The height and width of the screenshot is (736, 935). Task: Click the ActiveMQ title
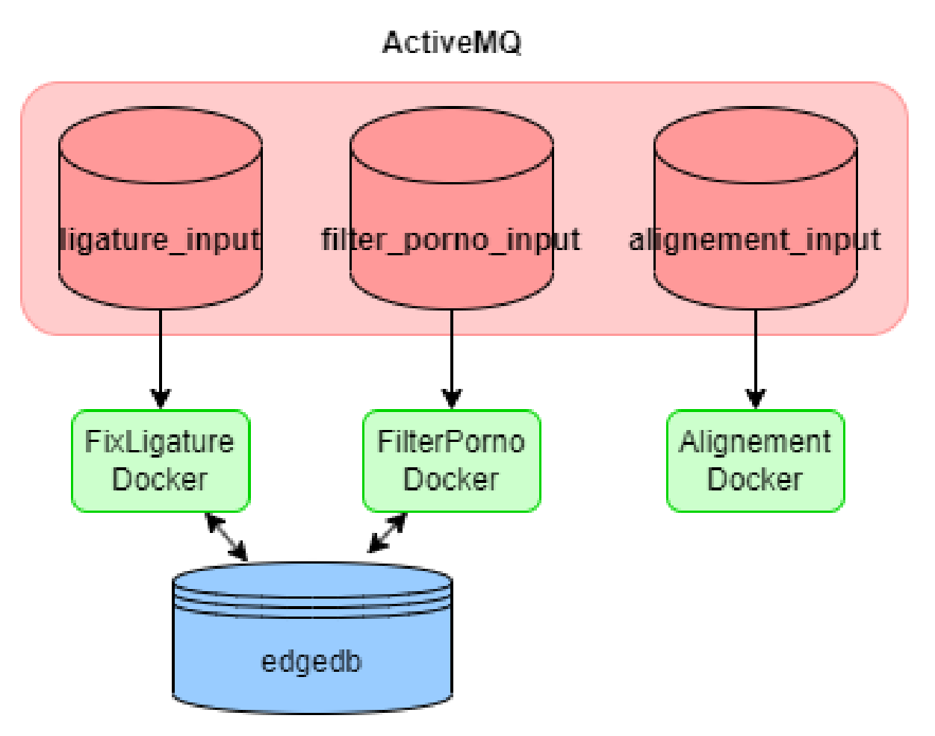pos(451,43)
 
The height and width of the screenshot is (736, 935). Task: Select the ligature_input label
pos(160,240)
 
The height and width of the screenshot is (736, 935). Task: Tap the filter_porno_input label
pos(450,240)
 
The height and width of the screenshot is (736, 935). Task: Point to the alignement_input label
pos(754,240)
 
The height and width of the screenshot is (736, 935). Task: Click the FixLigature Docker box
pos(160,461)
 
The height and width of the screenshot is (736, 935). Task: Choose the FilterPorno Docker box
pos(451,461)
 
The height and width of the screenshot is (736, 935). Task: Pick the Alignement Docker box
pos(755,461)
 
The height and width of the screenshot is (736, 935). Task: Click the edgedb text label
pos(311,661)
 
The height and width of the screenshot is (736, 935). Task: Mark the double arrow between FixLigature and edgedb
pos(226,536)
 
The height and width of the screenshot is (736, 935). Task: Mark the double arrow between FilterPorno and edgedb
pos(388,533)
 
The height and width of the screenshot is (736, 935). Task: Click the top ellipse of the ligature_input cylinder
pos(161,146)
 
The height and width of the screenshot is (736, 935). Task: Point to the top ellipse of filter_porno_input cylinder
pos(451,146)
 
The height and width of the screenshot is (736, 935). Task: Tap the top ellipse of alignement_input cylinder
pos(755,146)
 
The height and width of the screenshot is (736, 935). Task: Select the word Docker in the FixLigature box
pos(160,479)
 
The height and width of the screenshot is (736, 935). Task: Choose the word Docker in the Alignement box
pos(755,479)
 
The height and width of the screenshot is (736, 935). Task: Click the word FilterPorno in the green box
pos(451,442)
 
